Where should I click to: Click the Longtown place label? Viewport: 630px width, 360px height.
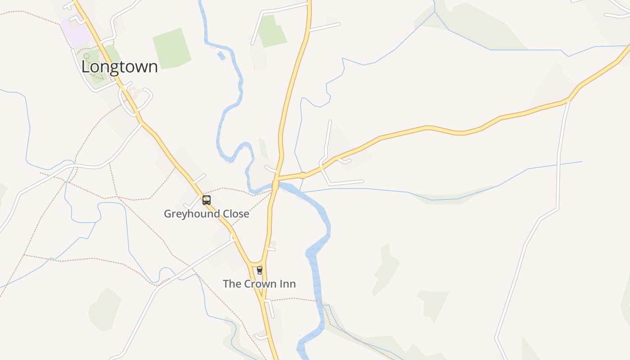coord(119,67)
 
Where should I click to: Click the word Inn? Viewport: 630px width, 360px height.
coord(289,284)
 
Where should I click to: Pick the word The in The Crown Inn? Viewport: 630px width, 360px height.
coord(232,284)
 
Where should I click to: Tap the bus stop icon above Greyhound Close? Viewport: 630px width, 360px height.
coord(207,200)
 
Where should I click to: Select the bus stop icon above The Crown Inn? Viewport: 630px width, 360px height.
coord(259,270)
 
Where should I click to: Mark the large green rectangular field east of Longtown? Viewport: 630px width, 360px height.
coord(171,49)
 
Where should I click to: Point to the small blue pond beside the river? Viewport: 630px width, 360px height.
coord(221,56)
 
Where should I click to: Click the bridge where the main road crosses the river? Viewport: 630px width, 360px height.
coord(275,184)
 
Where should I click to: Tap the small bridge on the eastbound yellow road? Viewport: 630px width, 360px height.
coord(302,175)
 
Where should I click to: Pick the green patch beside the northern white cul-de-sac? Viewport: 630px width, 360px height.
coord(272,31)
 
